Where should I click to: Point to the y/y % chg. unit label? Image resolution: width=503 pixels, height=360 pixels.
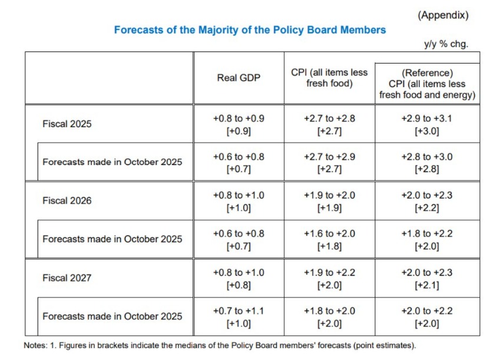coord(445,44)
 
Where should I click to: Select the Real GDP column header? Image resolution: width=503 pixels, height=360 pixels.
coord(239,78)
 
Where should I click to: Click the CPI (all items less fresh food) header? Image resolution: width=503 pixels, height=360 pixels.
coord(329,78)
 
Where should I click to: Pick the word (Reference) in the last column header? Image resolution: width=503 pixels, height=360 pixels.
coord(427,73)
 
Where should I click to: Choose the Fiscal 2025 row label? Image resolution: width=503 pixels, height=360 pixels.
coord(67,124)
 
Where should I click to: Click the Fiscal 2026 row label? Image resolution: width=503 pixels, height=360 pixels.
coord(67,201)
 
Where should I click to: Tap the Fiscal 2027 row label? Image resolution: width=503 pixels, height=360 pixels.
coord(67,278)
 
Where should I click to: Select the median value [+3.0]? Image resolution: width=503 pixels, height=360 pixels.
coord(427,131)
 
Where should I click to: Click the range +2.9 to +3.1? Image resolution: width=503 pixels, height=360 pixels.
coord(427,118)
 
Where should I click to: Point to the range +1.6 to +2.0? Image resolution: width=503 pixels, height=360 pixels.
coord(329,233)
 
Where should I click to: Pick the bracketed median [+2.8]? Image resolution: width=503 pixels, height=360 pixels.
coord(427,170)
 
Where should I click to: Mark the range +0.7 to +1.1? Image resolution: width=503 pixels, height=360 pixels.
coord(239,311)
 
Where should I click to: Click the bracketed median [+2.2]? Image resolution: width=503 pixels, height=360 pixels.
coord(427,208)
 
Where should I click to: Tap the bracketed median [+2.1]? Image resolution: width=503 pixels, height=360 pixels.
coord(427,285)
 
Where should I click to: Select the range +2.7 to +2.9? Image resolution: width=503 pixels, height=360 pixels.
coord(329,157)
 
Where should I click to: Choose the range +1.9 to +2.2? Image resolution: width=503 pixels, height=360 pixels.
coord(329,272)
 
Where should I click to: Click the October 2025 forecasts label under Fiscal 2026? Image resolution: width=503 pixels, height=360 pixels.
coord(112,239)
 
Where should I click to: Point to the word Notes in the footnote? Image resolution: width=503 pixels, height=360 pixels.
coord(35,345)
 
